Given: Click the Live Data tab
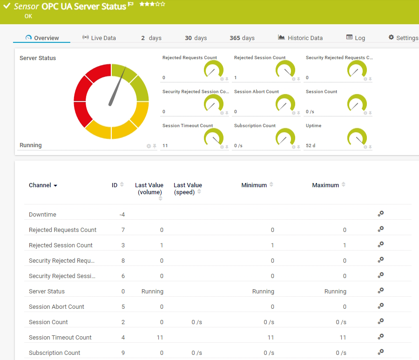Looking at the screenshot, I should [99, 38].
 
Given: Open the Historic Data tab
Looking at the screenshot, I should [300, 38].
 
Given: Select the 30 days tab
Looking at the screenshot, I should [196, 38].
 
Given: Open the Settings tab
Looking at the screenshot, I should [403, 38].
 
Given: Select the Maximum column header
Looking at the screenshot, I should [325, 185].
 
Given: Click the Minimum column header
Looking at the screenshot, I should [254, 185].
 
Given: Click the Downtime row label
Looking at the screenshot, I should [42, 215].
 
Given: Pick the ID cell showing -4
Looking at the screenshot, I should [122, 215].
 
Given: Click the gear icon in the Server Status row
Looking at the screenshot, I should [381, 291].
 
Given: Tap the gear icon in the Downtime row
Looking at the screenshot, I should [381, 214].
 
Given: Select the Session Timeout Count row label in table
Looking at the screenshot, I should [60, 338].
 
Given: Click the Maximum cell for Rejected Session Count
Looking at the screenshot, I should [345, 245].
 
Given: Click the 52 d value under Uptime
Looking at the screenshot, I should [311, 146].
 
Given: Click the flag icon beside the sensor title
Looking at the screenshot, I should [131, 5].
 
